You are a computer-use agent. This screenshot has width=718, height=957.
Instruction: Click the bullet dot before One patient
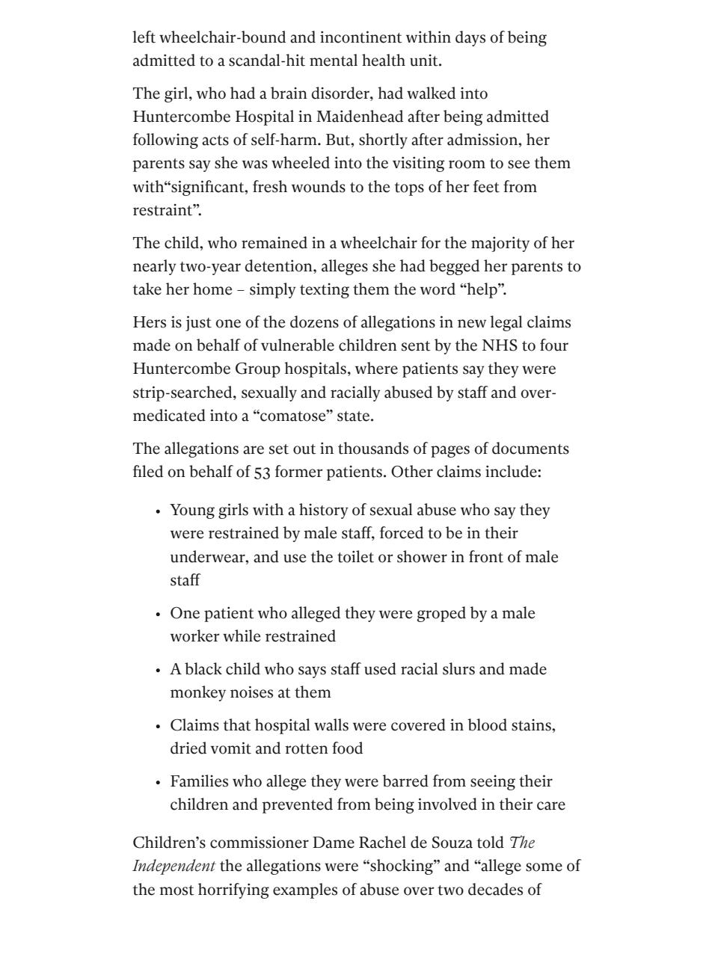coord(159,615)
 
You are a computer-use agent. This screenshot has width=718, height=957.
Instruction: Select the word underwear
coord(209,557)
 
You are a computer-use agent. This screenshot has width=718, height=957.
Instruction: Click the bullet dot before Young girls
coord(159,511)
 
